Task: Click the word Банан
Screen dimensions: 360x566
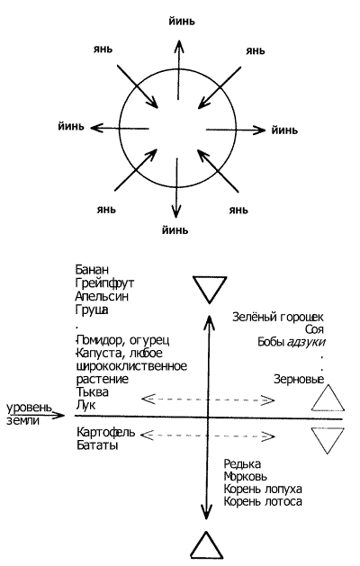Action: [92, 270]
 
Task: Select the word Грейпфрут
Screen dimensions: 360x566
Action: [104, 283]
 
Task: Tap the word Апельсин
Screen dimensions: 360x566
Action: [102, 296]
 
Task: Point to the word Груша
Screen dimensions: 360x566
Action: [92, 310]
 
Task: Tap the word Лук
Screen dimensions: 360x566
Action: [85, 405]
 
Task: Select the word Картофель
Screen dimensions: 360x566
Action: [106, 432]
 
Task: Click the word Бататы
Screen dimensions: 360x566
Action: [97, 445]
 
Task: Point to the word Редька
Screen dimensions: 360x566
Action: [242, 463]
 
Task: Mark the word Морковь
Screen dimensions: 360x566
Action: [245, 477]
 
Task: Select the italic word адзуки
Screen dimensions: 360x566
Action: [305, 342]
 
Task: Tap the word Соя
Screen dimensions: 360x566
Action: [314, 329]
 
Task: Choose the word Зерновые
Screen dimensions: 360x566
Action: [298, 380]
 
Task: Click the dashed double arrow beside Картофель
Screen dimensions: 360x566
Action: [207, 436]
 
